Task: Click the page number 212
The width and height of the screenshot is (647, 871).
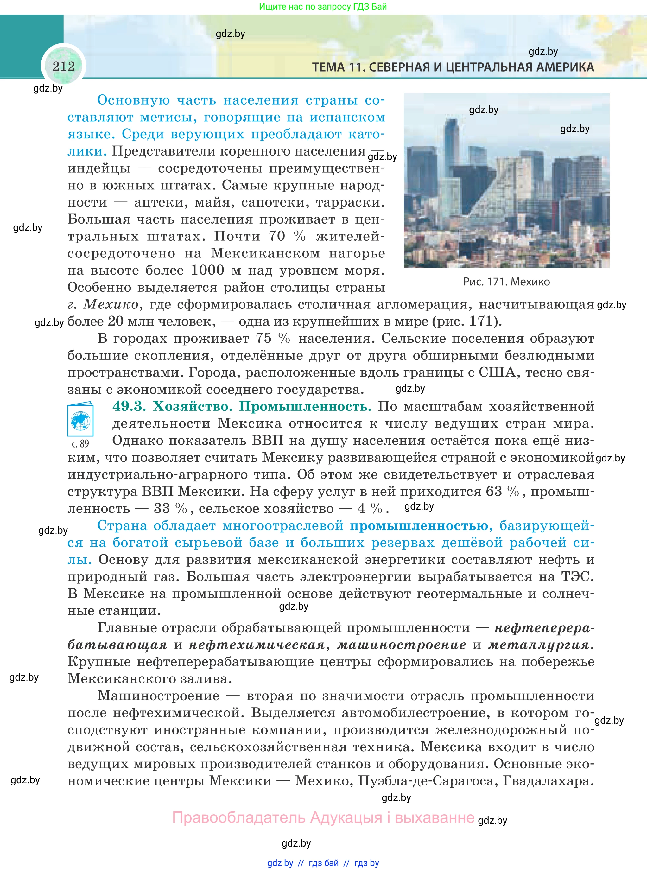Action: coord(63,66)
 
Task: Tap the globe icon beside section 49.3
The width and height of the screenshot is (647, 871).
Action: coord(80,421)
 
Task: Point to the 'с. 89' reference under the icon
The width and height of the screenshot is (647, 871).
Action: coord(80,444)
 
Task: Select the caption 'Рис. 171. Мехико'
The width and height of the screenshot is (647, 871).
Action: coord(506,282)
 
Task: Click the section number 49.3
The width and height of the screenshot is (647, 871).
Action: coord(129,406)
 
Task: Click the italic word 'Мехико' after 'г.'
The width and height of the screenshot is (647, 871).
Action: coord(111,304)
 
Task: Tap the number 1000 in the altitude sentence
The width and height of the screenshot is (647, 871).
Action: coord(207,270)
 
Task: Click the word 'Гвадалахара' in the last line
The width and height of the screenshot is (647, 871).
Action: coord(548,781)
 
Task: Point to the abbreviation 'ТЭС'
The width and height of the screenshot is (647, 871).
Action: coord(577,576)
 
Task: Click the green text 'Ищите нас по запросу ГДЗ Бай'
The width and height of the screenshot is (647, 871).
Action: coord(323,7)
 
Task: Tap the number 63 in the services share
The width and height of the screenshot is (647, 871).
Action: coord(494,492)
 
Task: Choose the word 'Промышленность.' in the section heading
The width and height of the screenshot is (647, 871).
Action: coord(305,406)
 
